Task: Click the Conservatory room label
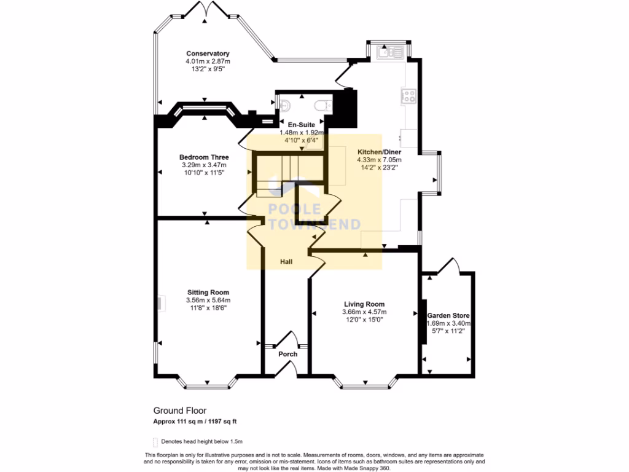208,53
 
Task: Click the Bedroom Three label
204,157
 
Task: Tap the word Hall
286,262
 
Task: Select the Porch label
287,354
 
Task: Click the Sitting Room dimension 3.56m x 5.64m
208,300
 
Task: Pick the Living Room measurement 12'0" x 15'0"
364,320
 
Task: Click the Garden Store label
448,315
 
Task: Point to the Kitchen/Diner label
379,151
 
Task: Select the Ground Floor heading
179,410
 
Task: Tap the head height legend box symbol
155,441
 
